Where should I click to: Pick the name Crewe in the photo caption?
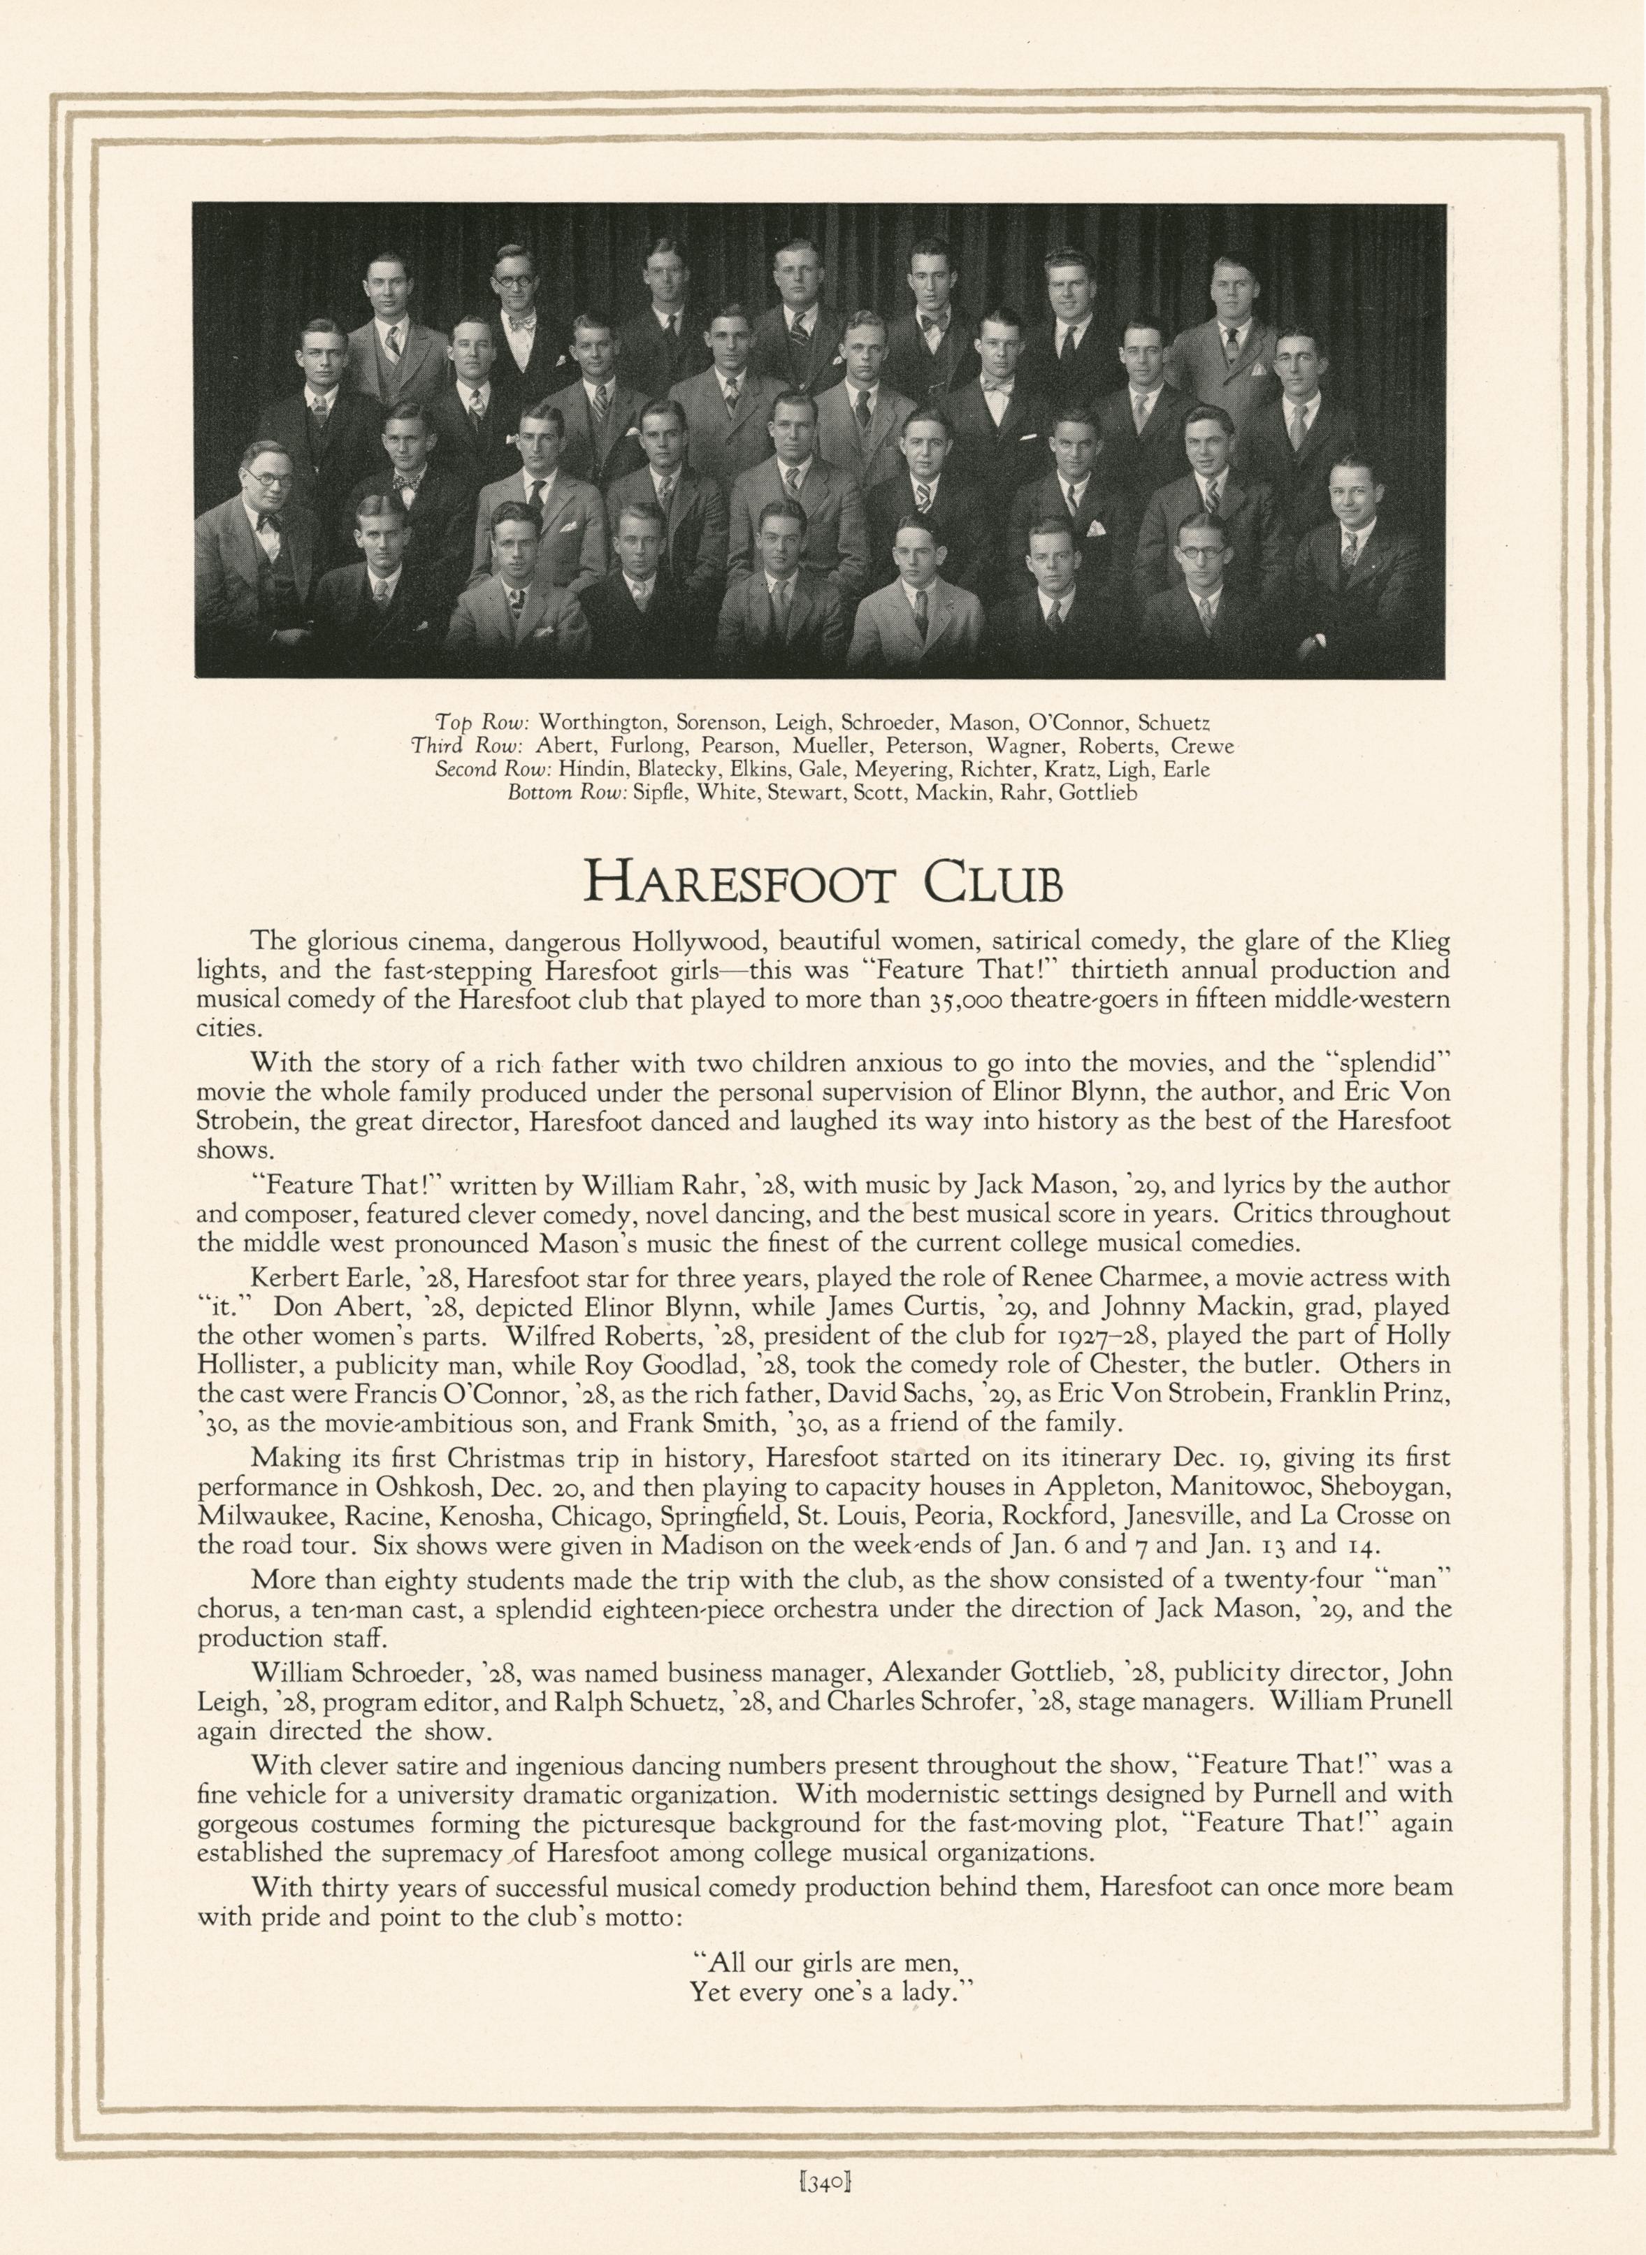tap(1203, 745)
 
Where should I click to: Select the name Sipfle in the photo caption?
tap(660, 794)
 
